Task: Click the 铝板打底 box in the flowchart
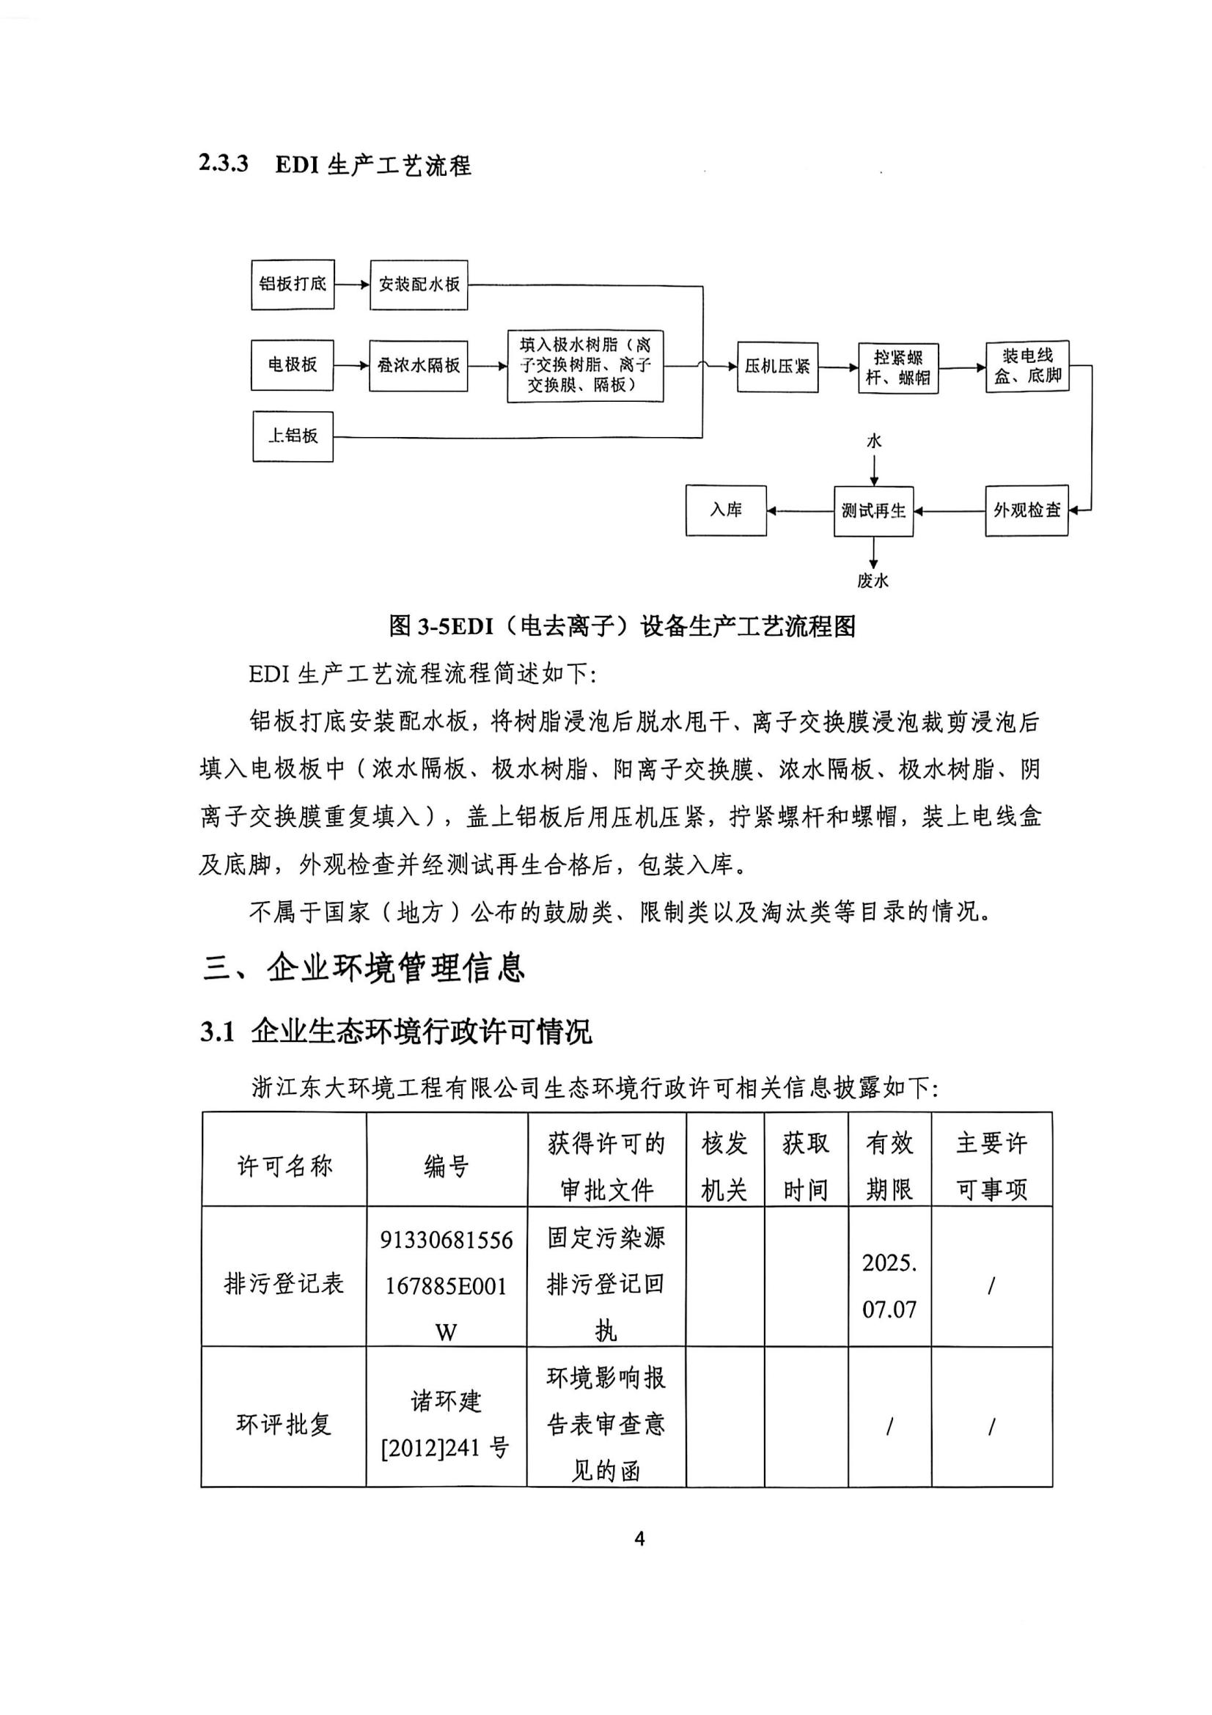[x=292, y=284]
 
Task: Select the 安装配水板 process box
[x=418, y=284]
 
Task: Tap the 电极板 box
[x=292, y=365]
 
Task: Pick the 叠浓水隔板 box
[x=418, y=365]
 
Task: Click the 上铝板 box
[x=293, y=436]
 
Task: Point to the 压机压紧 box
[x=776, y=367]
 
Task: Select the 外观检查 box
[x=1026, y=511]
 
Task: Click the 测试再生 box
[x=873, y=512]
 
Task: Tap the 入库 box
[x=726, y=510]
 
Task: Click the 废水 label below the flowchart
[x=873, y=581]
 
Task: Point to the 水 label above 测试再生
[x=874, y=441]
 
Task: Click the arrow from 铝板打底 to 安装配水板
[x=352, y=284]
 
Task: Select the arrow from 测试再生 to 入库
[x=800, y=512]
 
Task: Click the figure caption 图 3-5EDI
[x=621, y=626]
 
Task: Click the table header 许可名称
[x=284, y=1165]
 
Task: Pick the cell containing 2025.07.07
[x=889, y=1285]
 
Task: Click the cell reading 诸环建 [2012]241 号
[x=446, y=1425]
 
